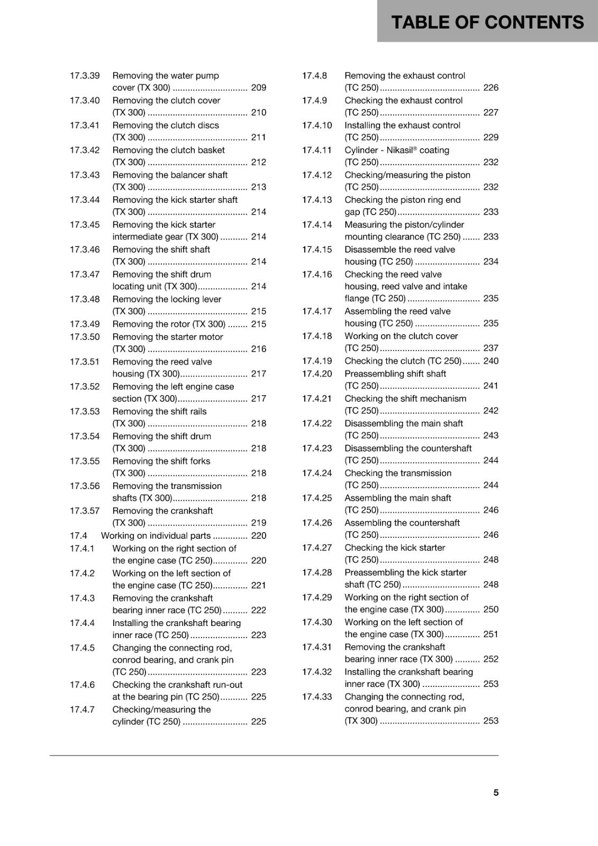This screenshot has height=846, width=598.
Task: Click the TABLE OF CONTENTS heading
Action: pos(487,22)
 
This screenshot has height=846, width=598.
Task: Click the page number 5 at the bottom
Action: pos(496,793)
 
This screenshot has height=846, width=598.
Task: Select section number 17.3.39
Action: pos(85,76)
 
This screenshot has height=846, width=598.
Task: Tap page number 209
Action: pos(258,88)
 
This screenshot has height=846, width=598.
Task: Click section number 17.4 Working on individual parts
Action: pos(78,536)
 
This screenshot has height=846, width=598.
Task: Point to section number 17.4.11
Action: pos(316,150)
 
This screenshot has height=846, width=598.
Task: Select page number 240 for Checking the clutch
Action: pos(491,361)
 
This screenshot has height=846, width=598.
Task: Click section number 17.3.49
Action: pos(85,324)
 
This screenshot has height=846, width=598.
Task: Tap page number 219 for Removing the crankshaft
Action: pos(258,523)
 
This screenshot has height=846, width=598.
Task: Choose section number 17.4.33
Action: pos(316,697)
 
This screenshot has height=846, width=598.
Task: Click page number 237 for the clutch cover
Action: pos(491,348)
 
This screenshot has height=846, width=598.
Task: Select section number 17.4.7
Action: pos(82,710)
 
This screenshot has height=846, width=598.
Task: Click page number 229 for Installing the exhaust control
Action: pos(491,137)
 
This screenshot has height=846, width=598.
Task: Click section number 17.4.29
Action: pos(316,597)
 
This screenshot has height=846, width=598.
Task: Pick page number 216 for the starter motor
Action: pos(258,349)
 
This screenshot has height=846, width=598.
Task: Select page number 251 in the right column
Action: pos(491,635)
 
